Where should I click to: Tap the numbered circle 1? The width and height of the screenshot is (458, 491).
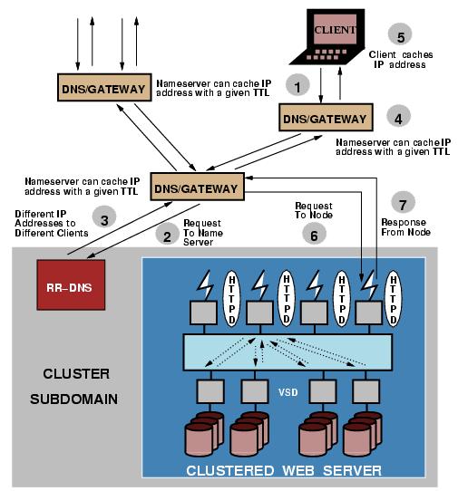click(293, 85)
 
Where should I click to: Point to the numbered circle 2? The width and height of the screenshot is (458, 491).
click(165, 236)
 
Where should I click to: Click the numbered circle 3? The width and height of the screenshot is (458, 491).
click(104, 218)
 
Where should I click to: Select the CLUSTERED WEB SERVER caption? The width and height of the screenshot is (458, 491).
click(284, 469)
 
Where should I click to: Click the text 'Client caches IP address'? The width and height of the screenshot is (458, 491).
click(414, 62)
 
